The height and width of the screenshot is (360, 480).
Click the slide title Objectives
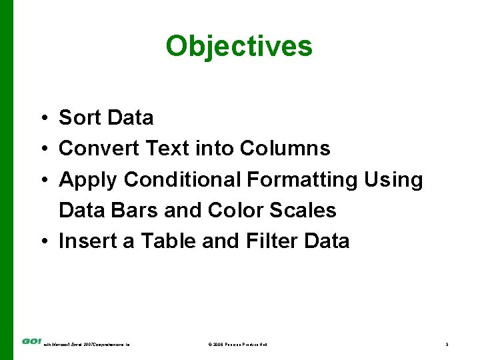coord(239,47)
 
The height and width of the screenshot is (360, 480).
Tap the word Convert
coord(99,149)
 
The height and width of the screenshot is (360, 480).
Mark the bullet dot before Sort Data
coord(42,119)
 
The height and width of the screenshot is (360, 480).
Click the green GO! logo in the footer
coord(31,341)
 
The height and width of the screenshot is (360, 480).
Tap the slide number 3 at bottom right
coord(447,344)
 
